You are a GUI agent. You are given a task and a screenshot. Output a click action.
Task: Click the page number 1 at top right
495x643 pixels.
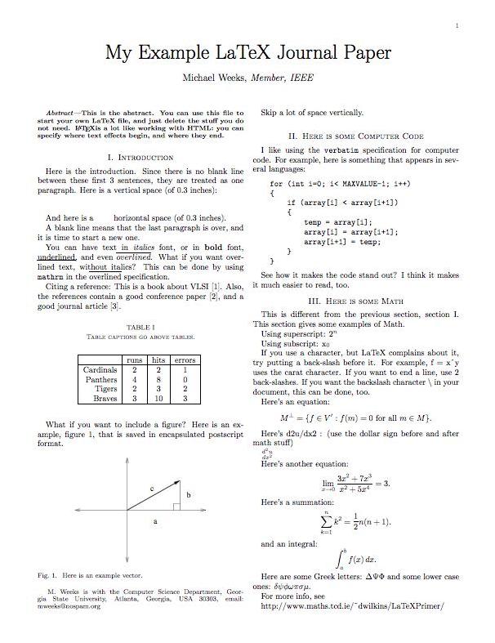456,27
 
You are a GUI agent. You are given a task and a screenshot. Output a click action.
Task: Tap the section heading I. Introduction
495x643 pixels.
140,157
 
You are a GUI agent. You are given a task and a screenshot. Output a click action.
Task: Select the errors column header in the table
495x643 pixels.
185,359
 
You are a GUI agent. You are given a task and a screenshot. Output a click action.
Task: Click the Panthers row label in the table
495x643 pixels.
101,379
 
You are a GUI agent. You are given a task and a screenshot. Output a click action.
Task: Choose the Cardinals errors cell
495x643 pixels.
185,369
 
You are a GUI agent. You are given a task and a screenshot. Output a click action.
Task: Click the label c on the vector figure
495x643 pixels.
152,488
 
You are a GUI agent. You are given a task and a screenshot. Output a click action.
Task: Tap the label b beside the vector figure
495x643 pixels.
189,495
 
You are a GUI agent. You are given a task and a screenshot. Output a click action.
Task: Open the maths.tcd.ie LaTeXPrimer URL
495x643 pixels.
352,607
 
